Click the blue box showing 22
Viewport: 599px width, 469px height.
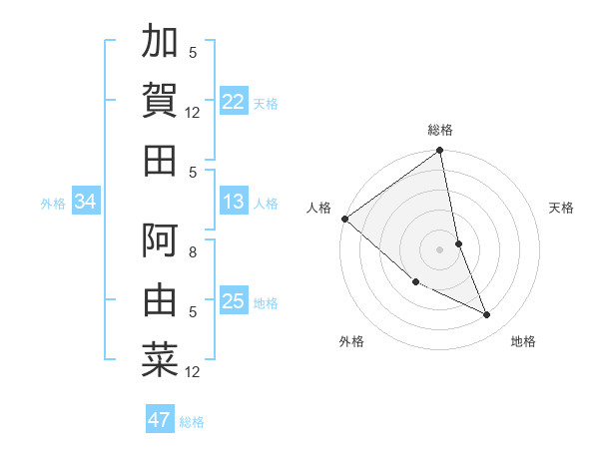coord(234,101)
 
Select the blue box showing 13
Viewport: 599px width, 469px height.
coord(234,203)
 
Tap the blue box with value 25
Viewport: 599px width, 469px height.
coord(234,302)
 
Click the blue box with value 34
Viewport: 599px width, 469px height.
coord(86,203)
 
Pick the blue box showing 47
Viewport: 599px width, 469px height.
coord(160,420)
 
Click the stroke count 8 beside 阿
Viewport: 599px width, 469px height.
coord(193,252)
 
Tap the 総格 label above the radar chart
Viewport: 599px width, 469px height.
coord(440,130)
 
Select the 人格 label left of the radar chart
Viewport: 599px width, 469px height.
coord(318,208)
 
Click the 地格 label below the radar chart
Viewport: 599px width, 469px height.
coord(523,341)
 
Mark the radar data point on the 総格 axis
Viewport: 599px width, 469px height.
coord(440,152)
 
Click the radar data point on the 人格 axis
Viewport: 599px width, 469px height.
coord(344,218)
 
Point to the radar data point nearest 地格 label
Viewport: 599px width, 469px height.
coord(487,314)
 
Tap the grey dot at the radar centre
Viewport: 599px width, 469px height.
coord(440,248)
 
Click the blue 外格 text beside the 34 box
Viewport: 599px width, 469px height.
coord(53,204)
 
